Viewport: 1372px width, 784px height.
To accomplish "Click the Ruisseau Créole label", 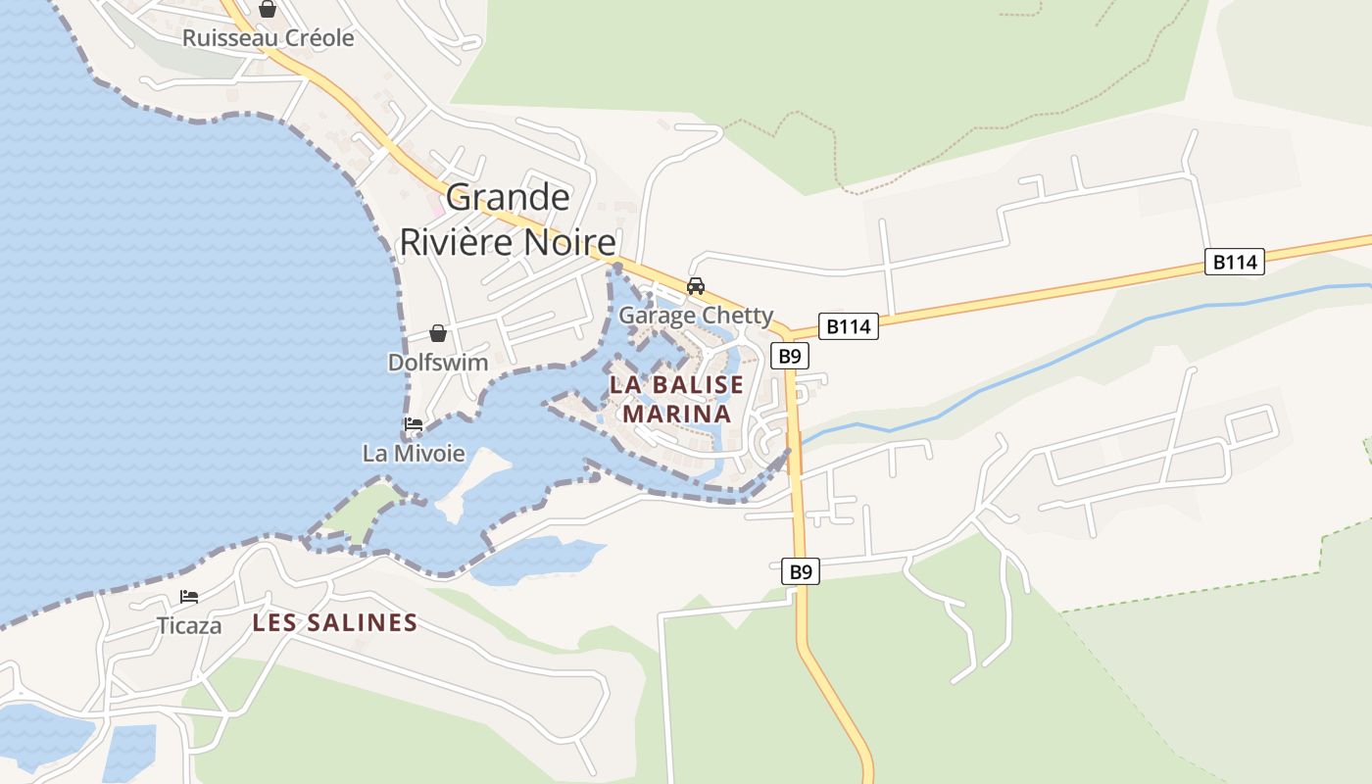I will (x=268, y=38).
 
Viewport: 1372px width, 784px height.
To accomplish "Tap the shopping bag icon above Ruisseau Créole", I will (x=268, y=9).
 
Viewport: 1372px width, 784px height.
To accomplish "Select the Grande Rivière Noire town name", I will (x=508, y=220).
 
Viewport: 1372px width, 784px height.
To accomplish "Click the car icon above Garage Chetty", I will (x=696, y=286).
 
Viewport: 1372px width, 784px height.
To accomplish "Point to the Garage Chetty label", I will (x=696, y=316).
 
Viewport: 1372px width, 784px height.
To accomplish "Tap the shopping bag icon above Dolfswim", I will (x=438, y=333).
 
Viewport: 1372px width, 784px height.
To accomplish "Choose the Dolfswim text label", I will (x=438, y=362).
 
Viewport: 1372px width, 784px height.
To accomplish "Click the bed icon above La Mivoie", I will (x=414, y=424).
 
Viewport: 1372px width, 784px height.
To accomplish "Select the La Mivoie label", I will (x=414, y=453).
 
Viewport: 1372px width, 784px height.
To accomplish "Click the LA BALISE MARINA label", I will (x=677, y=399).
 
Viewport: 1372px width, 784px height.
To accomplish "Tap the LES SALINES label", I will (x=335, y=622).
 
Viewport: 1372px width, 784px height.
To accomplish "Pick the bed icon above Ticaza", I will (x=189, y=596).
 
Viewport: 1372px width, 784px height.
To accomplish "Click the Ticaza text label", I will (x=189, y=625).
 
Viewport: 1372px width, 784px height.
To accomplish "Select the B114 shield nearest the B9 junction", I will (x=849, y=326).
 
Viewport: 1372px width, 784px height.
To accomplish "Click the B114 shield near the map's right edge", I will (x=1234, y=262).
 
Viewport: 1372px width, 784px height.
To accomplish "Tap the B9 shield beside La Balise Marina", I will (x=789, y=355).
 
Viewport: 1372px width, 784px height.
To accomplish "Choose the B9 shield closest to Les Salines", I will (x=801, y=571).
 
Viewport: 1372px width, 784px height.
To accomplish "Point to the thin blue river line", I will (x=1078, y=352).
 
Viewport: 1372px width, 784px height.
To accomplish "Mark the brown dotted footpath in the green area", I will (x=833, y=147).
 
